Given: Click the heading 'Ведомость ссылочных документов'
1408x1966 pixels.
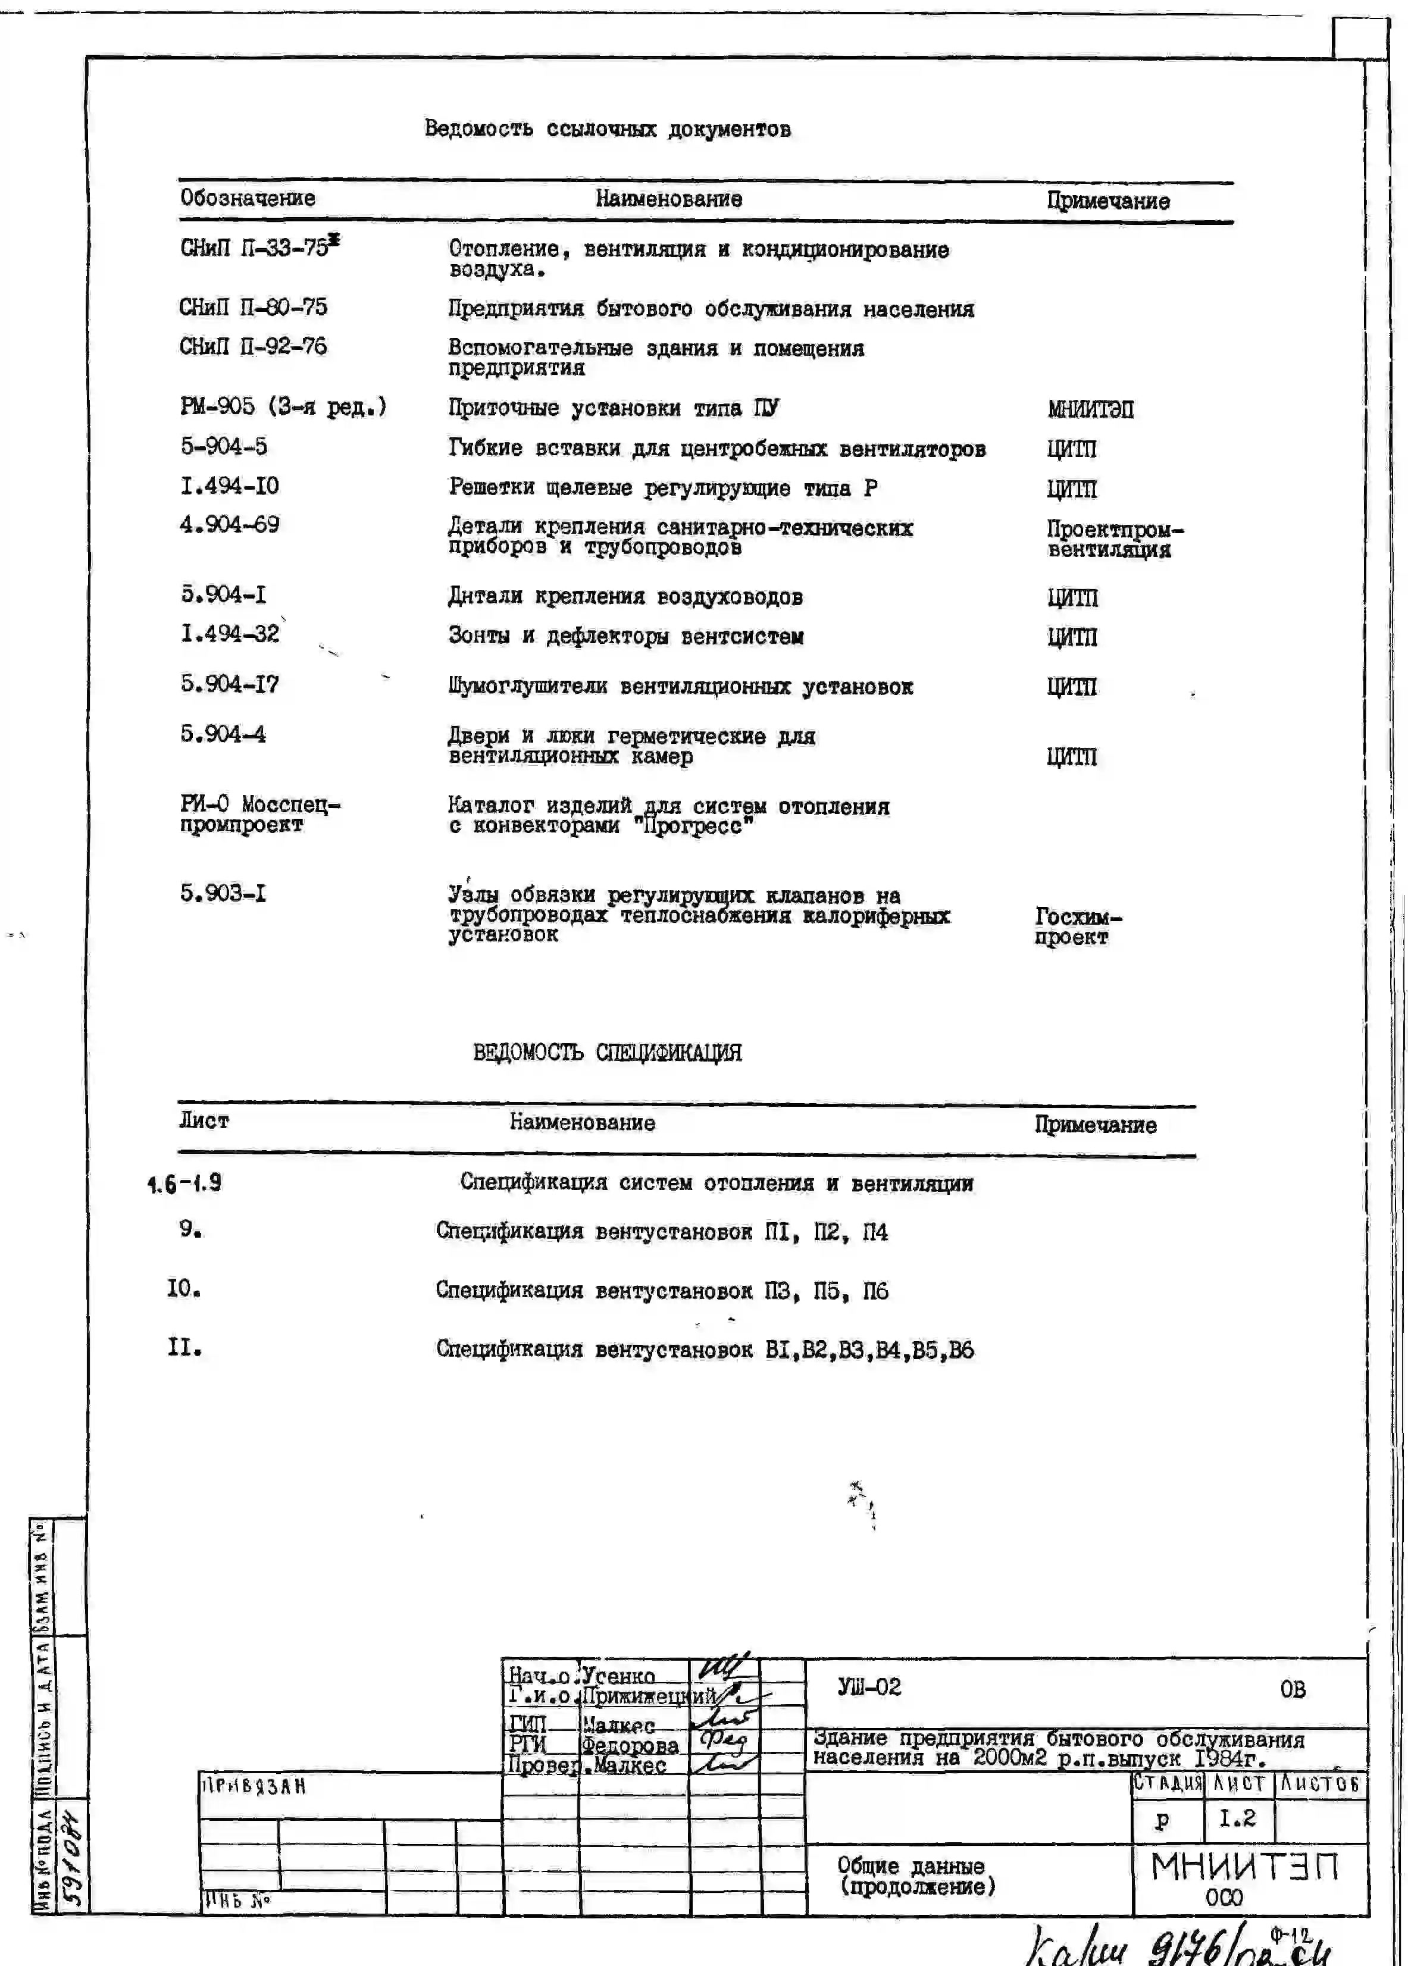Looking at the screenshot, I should (607, 129).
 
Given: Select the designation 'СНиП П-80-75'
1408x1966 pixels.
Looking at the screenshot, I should (253, 308).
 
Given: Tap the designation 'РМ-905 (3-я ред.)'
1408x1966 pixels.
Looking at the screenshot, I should (283, 406).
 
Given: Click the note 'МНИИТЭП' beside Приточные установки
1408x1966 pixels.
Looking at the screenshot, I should (1090, 409).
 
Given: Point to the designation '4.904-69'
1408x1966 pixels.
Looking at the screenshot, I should (230, 524).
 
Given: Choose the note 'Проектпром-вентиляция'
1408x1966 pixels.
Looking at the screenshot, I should (1113, 539).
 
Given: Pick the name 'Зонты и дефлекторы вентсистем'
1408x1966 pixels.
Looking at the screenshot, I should (625, 636).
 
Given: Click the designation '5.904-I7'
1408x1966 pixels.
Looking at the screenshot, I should (230, 684).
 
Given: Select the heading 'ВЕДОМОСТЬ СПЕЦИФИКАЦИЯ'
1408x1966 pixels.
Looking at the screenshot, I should (607, 1053).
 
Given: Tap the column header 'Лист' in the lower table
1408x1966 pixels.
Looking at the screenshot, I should (204, 1121).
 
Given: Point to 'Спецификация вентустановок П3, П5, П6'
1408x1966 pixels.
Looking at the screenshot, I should (662, 1291).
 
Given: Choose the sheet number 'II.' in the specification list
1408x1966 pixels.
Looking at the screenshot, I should (184, 1348).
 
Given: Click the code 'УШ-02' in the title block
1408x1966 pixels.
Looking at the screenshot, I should (869, 1687).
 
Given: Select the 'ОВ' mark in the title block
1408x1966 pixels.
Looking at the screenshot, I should (1292, 1689).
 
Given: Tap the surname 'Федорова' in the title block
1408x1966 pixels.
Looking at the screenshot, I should (630, 1745).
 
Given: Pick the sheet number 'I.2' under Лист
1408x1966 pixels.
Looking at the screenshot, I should (1237, 1818).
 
